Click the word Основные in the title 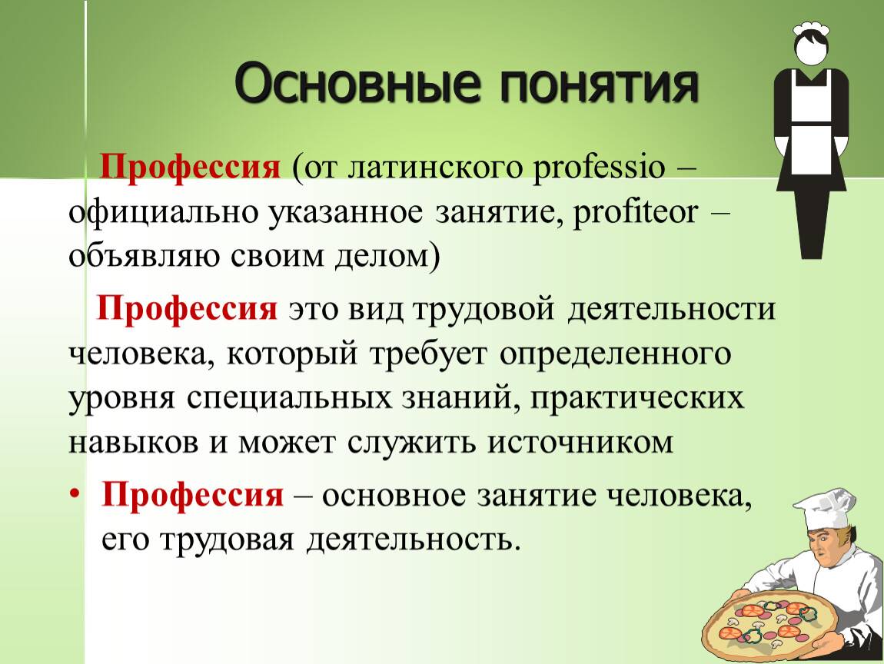tap(358, 85)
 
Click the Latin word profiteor tap(636, 213)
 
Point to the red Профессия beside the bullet tap(192, 496)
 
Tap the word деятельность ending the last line tap(411, 540)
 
